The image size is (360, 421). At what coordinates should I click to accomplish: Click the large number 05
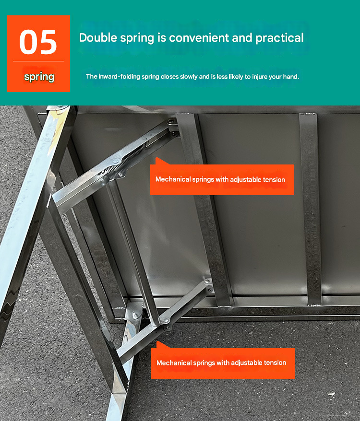(38, 42)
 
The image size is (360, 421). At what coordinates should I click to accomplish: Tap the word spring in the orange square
(39, 77)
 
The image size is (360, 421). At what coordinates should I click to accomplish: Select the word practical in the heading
(280, 38)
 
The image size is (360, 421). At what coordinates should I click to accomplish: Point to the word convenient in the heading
(199, 38)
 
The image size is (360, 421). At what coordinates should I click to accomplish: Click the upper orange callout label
(222, 179)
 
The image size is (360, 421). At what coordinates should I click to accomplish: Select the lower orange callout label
(223, 363)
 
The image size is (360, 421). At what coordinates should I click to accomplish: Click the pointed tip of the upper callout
(156, 158)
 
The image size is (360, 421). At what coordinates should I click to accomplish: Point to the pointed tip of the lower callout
(157, 342)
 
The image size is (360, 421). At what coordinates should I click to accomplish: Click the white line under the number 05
(39, 61)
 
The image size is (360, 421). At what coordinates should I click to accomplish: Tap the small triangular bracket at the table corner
(134, 312)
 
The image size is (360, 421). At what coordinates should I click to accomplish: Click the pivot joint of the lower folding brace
(166, 321)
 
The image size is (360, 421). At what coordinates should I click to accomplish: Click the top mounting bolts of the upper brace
(172, 126)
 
